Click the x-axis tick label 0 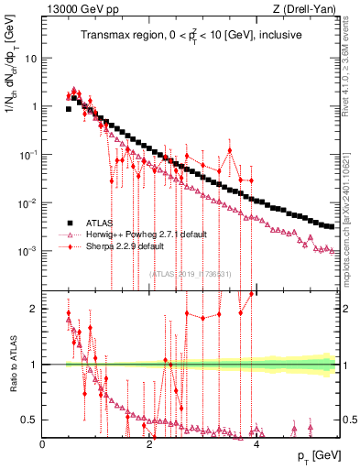(x=43, y=444)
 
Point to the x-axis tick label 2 (x=150, y=444)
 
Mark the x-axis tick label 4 (x=256, y=444)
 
